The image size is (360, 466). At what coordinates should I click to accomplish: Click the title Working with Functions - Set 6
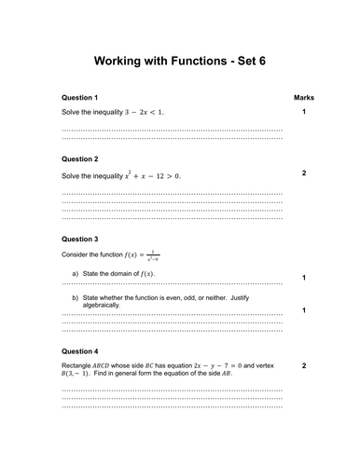tap(179, 62)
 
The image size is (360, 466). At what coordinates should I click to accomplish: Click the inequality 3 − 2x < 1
tap(142, 112)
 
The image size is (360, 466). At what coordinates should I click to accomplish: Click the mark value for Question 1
tap(304, 112)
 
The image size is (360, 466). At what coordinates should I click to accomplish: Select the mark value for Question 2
tap(304, 173)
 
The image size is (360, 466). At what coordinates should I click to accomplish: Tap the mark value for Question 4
tap(304, 366)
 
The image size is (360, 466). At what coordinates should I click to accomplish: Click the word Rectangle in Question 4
tap(79, 366)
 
